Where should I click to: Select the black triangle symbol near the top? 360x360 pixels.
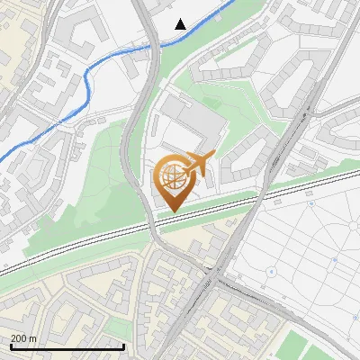click(181, 24)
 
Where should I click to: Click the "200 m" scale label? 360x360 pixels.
click(24, 338)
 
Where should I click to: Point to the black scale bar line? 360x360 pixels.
click(67, 346)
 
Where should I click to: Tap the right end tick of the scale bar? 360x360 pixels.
click(123, 345)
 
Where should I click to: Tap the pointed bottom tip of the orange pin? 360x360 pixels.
click(172, 211)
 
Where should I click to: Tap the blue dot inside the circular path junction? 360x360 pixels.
click(271, 271)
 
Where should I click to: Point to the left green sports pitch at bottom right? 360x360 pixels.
click(296, 346)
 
